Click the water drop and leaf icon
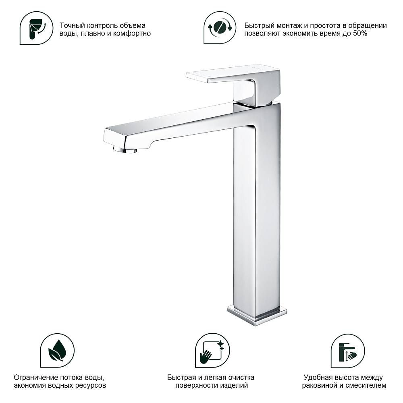point(57,350)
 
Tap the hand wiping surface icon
point(212,350)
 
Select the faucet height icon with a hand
point(347,351)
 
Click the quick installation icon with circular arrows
point(220,27)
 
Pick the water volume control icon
point(36,28)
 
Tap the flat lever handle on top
point(233,74)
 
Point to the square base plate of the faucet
point(257,315)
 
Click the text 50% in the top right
point(360,33)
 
